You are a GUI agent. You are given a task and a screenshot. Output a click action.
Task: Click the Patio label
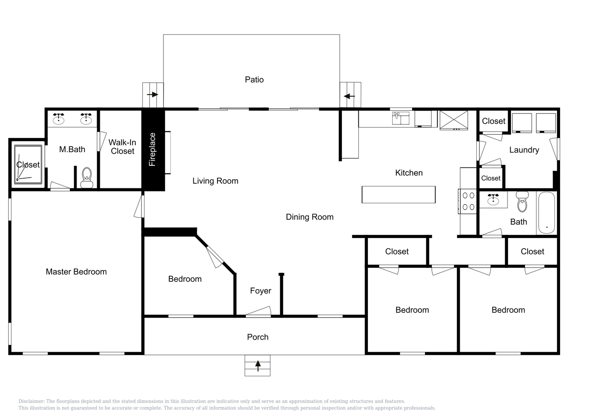(254, 80)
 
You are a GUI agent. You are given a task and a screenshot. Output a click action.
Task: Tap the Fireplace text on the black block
(152, 149)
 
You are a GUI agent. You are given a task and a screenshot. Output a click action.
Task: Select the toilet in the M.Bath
(87, 178)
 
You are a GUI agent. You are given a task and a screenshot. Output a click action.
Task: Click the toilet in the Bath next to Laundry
(522, 202)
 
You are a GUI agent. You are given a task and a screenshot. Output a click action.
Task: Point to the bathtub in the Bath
(546, 213)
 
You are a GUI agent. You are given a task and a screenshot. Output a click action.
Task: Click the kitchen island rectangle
(399, 195)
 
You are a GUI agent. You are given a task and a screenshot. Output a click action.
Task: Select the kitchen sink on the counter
(401, 118)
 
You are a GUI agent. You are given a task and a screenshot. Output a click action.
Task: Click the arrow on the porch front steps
(258, 366)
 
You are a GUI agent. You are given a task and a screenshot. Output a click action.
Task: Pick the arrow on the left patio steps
(152, 95)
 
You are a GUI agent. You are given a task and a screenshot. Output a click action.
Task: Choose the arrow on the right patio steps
(349, 96)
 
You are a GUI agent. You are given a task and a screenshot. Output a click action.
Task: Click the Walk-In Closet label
(122, 147)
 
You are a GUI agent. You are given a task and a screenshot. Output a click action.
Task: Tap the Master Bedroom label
(76, 271)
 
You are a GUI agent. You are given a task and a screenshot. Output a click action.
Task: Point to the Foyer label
(260, 290)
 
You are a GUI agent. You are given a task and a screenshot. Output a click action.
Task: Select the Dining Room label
(309, 217)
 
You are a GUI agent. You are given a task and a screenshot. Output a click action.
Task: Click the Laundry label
(524, 150)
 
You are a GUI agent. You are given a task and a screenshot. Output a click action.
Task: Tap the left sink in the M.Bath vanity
(58, 119)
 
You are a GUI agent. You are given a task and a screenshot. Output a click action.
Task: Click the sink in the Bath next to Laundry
(493, 199)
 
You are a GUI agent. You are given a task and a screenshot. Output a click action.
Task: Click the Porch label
(258, 337)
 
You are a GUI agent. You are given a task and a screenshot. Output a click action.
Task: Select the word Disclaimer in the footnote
(32, 401)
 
